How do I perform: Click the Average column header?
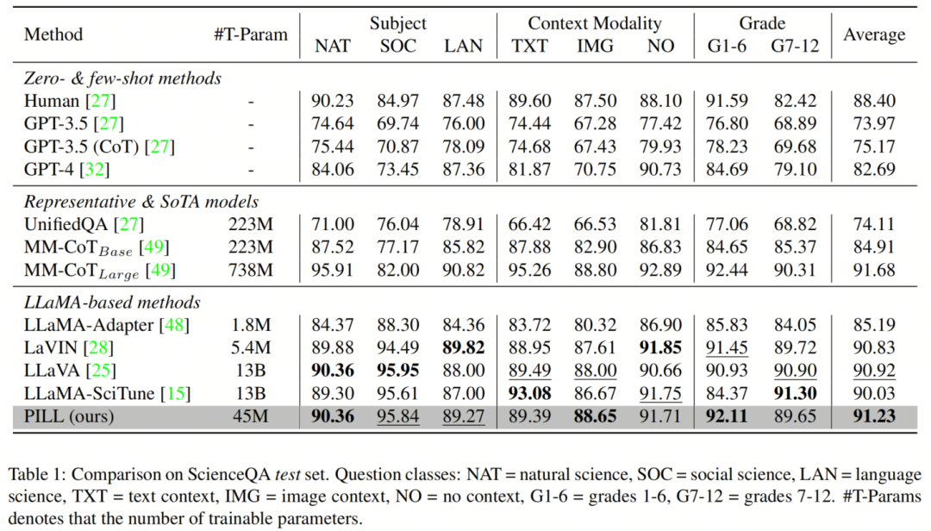tap(874, 35)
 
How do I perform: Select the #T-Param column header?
tap(251, 35)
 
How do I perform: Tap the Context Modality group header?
tap(594, 23)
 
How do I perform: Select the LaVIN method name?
tap(47, 347)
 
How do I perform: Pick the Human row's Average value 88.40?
tap(874, 101)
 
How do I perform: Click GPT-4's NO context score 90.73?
tap(661, 168)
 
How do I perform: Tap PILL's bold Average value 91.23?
tap(874, 415)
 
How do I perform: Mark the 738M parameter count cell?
tap(250, 271)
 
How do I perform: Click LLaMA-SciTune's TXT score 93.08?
tap(529, 393)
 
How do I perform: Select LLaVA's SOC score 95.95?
tap(398, 371)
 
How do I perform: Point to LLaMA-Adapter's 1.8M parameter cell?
tap(250, 325)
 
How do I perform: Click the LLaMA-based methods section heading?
tap(112, 303)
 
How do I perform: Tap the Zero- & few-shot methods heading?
tap(122, 78)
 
